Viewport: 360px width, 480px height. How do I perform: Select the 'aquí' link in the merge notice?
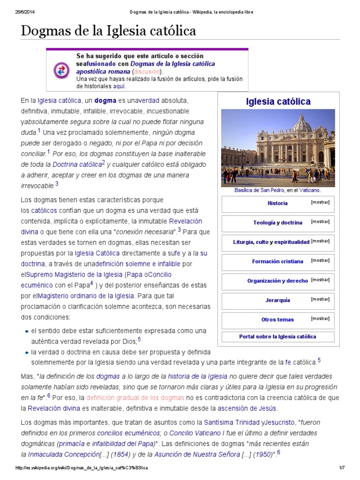point(119,86)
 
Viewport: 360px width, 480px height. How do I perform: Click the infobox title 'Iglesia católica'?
point(278,102)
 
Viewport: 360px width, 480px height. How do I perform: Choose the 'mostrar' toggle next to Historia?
point(320,202)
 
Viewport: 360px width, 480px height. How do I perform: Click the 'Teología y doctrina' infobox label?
point(277,223)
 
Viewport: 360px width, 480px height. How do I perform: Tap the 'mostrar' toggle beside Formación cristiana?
point(320,260)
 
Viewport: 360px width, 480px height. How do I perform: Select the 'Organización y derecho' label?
point(277,281)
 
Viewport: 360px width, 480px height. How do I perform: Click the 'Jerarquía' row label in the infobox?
point(277,300)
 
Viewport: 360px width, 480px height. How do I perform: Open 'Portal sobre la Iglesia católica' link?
point(277,337)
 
